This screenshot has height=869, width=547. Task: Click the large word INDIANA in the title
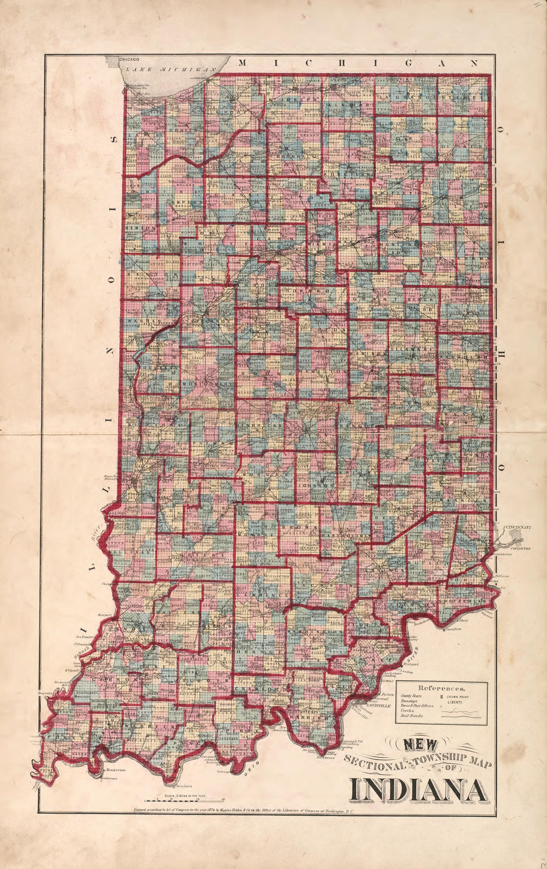click(x=418, y=790)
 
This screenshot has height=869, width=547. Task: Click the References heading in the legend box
click(x=442, y=689)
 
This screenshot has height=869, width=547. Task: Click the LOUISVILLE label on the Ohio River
click(x=378, y=705)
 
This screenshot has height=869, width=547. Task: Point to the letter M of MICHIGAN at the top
click(x=243, y=63)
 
